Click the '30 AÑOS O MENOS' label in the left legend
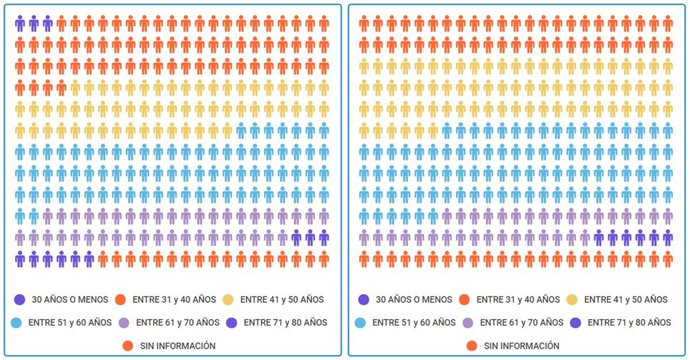[x=71, y=299]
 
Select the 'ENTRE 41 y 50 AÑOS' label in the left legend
[x=282, y=299]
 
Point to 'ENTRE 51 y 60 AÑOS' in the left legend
[x=70, y=322]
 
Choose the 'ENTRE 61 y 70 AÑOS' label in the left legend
[x=178, y=322]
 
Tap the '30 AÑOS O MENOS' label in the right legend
[x=414, y=299]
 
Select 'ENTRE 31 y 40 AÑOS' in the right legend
[x=518, y=299]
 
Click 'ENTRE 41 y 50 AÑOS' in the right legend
[x=626, y=299]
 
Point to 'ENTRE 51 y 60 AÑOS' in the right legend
[x=414, y=322]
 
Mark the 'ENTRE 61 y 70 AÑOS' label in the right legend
[x=521, y=322]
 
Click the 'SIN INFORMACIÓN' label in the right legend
[x=522, y=346]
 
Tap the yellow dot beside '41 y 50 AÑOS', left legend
[x=228, y=299]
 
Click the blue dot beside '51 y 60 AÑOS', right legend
[x=360, y=322]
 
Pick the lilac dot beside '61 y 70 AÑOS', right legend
[x=468, y=322]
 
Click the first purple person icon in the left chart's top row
[x=20, y=24]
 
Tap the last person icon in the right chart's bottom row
[x=667, y=258]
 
